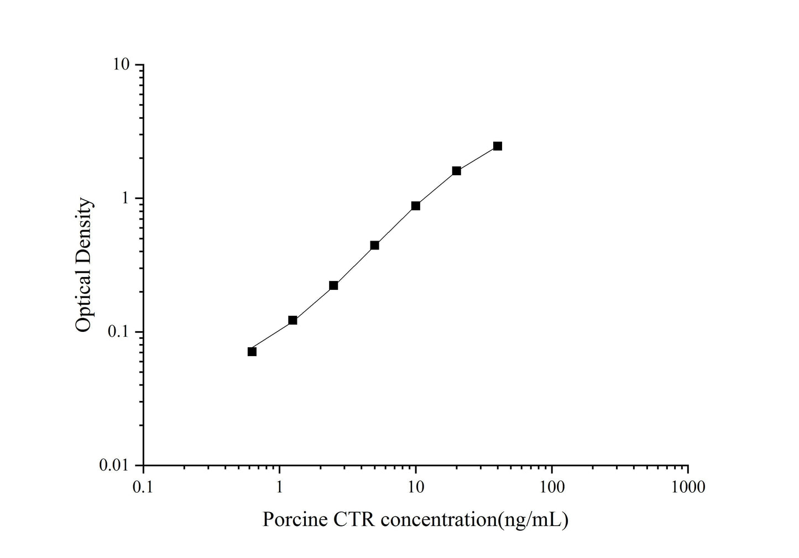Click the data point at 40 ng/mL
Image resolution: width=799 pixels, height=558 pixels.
tap(498, 146)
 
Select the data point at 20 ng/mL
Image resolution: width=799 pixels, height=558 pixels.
tap(457, 171)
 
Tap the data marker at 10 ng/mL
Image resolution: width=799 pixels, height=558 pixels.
tap(416, 206)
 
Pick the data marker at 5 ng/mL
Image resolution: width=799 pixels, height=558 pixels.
tap(374, 245)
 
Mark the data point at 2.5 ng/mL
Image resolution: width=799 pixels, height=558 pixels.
tap(333, 285)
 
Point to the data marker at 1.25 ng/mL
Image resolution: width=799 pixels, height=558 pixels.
tap(293, 320)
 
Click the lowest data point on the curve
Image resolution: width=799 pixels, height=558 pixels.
tap(252, 352)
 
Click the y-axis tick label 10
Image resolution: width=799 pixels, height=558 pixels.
tap(123, 65)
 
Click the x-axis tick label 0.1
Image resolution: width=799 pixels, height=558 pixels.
tap(143, 487)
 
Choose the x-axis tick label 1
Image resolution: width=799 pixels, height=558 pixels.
tap(280, 487)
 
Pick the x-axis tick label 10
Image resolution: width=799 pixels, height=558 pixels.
tap(416, 487)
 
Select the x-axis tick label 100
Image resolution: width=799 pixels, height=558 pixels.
tap(552, 487)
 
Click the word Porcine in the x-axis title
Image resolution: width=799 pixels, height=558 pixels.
tap(294, 520)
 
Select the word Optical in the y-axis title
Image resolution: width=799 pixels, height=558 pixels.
tap(84, 300)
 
